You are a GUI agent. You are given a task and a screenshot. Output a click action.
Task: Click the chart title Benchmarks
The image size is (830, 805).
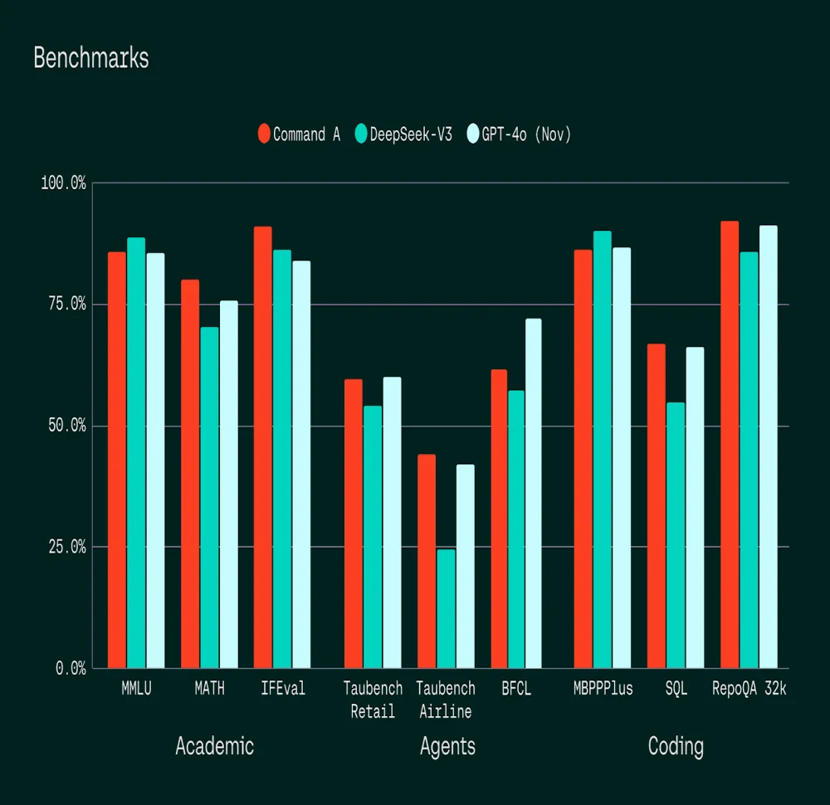pos(91,58)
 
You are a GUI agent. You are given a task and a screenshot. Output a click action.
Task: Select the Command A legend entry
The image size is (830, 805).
pos(299,134)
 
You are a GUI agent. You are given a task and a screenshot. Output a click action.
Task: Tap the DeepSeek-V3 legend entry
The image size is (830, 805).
pos(403,134)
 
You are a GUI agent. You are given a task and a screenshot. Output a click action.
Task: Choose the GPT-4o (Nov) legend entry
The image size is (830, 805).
pos(520,134)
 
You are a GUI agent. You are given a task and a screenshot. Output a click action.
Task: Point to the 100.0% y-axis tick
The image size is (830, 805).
pos(64,183)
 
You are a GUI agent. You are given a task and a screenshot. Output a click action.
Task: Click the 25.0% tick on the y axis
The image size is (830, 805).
pos(64,547)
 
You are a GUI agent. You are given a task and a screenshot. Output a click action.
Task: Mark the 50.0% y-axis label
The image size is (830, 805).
pos(64,426)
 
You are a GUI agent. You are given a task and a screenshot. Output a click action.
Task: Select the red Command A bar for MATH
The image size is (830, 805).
pos(190,473)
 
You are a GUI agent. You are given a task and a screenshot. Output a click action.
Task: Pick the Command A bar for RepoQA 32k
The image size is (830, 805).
pos(730,444)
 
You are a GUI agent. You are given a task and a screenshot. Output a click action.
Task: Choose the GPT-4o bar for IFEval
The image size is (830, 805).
pos(301,464)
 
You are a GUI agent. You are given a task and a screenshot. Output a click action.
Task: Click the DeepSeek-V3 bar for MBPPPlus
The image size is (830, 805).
pos(603,449)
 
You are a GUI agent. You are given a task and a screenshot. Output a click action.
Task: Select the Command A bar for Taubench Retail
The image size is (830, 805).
pos(354,523)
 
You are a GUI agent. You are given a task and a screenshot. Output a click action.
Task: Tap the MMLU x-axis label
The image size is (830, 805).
pos(136,689)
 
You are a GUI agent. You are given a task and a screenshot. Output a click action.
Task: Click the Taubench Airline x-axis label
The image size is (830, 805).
pos(446,700)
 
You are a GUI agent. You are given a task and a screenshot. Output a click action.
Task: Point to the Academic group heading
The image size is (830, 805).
pos(214,746)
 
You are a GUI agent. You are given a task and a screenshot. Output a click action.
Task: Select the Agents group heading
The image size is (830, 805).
pos(447,747)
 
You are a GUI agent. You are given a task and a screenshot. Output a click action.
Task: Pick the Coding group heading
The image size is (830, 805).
pos(676,746)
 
